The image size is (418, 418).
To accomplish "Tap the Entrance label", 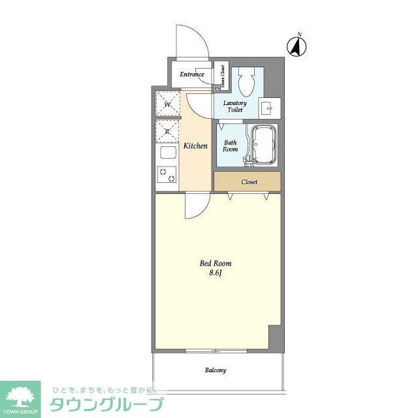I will coord(192,74).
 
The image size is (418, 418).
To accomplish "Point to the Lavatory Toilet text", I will coord(234,106).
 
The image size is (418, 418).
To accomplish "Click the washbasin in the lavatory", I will coord(267,107).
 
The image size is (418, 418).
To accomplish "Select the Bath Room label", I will coord(231,146).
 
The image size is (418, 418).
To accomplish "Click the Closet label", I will coord(249,182).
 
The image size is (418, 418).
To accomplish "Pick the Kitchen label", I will coord(195,146).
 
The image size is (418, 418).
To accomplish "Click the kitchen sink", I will coord(167,154).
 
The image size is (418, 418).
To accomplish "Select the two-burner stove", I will coord(167,175).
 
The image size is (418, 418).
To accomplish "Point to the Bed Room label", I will coord(216,264).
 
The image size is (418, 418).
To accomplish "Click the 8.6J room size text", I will coord(216,274).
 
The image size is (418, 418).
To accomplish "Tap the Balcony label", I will coord(216,370).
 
